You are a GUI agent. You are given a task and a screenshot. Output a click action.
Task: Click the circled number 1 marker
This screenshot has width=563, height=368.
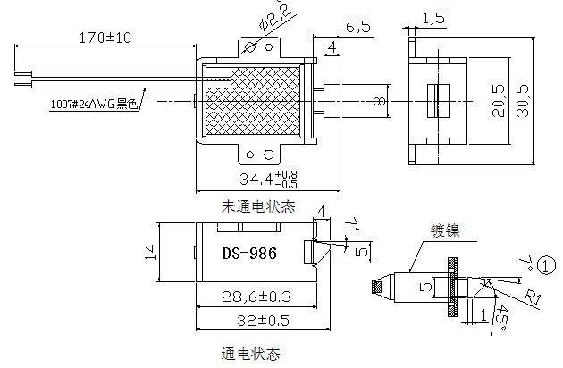tap(546, 265)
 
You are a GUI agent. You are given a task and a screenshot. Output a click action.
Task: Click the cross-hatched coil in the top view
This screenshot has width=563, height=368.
tap(265, 100)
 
